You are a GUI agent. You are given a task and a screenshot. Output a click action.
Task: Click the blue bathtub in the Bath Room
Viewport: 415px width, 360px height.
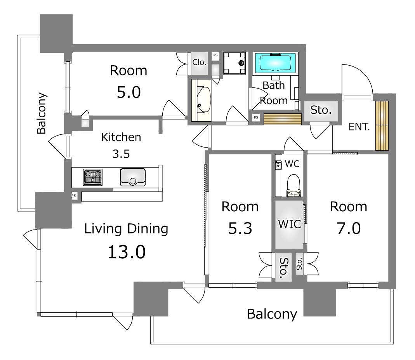click(275, 63)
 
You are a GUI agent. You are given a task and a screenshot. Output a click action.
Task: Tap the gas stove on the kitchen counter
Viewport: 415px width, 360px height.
click(93, 177)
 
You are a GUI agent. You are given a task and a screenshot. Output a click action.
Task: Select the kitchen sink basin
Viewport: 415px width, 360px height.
click(133, 177)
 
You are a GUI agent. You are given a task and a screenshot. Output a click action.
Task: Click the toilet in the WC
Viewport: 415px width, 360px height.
click(293, 185)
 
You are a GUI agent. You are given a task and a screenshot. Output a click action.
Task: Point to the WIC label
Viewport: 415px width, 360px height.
click(290, 224)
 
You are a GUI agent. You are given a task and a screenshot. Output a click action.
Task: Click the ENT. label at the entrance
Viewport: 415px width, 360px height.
click(359, 127)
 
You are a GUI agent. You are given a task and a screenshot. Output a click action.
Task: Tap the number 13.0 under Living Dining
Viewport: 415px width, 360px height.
click(127, 252)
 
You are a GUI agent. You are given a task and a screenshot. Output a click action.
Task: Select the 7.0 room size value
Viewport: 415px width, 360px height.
click(349, 228)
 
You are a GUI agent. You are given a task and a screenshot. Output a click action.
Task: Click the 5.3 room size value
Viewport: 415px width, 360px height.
click(240, 228)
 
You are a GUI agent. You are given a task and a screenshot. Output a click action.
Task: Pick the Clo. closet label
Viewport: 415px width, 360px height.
click(199, 63)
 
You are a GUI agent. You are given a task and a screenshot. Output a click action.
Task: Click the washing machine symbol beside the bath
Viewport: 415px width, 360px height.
click(234, 63)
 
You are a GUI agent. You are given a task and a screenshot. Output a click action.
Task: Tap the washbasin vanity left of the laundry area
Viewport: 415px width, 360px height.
click(201, 100)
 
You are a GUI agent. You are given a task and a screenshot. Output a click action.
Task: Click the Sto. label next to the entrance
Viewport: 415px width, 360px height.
click(321, 110)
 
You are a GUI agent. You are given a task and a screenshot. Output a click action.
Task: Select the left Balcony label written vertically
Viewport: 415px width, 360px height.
click(42, 113)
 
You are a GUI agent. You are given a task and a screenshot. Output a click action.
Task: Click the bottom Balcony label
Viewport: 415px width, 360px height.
click(272, 314)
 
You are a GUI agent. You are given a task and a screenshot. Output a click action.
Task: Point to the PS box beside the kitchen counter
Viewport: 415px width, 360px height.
click(74, 196)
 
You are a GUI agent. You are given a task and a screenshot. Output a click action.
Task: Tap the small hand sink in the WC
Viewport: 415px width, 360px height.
click(278, 165)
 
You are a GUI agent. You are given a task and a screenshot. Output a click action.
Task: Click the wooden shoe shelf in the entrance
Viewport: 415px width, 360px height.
click(382, 126)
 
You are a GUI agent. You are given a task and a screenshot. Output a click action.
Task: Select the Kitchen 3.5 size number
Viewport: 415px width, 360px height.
click(121, 154)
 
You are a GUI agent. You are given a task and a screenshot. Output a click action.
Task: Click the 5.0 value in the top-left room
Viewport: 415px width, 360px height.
click(128, 92)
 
